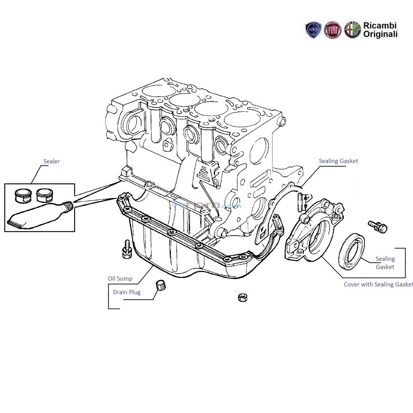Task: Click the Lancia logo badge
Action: point(313,30)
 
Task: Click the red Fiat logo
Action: point(332,30)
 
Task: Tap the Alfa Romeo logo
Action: point(352,30)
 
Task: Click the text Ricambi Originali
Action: point(380,30)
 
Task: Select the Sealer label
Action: point(51,161)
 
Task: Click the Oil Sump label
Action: point(120,279)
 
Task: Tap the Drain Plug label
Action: point(127,292)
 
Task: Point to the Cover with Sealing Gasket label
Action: point(378,285)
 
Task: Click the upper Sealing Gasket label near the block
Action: point(338,161)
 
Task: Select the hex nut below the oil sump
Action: point(243,298)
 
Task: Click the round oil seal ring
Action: point(352,251)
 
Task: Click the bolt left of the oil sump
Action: point(126,249)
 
